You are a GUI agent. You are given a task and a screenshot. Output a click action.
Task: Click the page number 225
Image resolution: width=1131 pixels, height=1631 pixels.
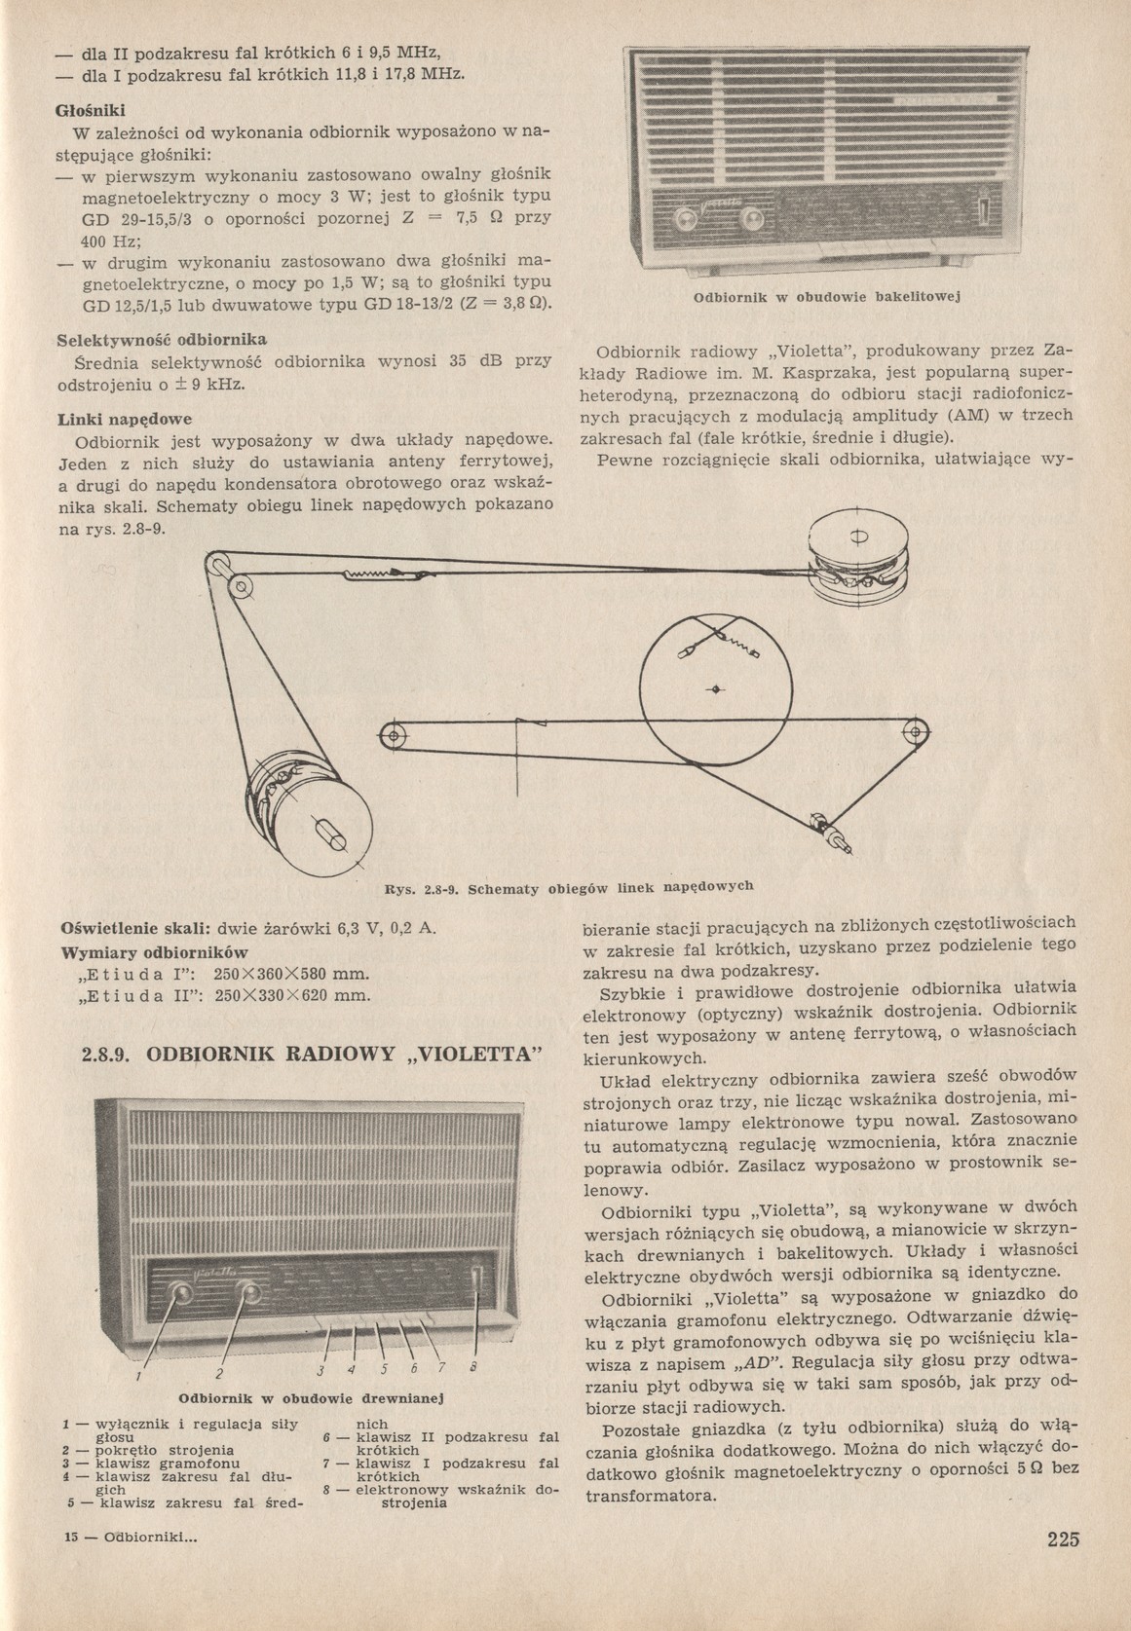pyautogui.click(x=1066, y=1539)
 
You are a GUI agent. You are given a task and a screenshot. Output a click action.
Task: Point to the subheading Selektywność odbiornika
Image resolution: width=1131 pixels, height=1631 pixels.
pyautogui.click(x=162, y=338)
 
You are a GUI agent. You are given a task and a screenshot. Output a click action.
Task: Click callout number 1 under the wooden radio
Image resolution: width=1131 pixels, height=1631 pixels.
pyautogui.click(x=139, y=1377)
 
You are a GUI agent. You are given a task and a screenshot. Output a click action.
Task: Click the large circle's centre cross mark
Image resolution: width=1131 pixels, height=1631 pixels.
pyautogui.click(x=717, y=689)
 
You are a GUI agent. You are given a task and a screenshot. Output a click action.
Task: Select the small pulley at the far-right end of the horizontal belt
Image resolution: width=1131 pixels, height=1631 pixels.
pyautogui.click(x=914, y=729)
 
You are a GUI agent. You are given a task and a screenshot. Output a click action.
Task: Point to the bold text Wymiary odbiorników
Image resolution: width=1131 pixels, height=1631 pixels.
pyautogui.click(x=155, y=951)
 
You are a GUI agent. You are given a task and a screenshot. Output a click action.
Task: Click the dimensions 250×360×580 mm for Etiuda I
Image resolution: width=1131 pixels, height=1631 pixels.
pyautogui.click(x=291, y=974)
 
